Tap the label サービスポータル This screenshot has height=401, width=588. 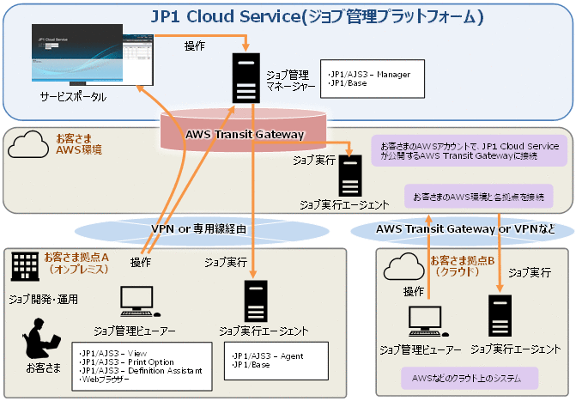pyautogui.click(x=73, y=97)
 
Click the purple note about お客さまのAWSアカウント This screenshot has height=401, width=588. pyautogui.click(x=470, y=150)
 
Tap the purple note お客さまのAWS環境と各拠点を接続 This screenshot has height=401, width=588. pyautogui.click(x=478, y=197)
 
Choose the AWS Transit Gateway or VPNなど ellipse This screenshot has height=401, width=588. pyautogui.click(x=464, y=229)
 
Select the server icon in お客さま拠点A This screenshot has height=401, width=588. pyautogui.click(x=255, y=301)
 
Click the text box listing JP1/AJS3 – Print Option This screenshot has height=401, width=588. pyautogui.click(x=142, y=368)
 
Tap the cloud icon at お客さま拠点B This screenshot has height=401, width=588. pyautogui.click(x=404, y=266)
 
